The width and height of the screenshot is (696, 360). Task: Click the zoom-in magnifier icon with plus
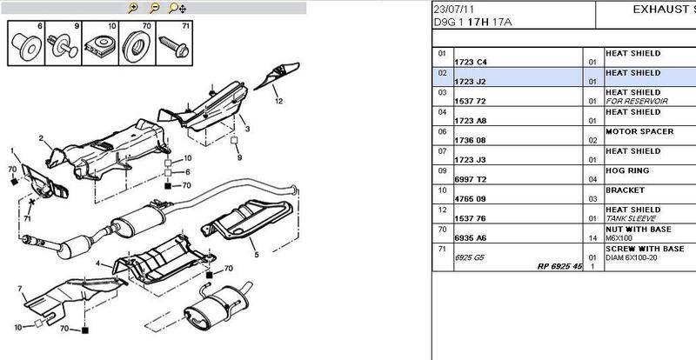tap(132, 8)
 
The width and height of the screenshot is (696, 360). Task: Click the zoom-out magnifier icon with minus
tap(154, 8)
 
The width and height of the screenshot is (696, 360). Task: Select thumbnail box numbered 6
tap(26, 43)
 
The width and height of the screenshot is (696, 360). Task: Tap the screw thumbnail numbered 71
tap(175, 43)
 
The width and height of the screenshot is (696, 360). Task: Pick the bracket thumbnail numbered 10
tap(100, 43)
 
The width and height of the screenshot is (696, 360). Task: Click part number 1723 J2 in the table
tap(470, 82)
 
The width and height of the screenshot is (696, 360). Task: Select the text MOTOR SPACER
tap(639, 131)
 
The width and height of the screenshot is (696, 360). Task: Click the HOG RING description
tap(627, 170)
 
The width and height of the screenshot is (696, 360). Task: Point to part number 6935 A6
tap(471, 238)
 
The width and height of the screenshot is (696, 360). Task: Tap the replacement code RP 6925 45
tap(559, 266)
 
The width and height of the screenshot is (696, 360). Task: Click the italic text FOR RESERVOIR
tap(637, 101)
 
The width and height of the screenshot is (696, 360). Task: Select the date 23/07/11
tap(453, 10)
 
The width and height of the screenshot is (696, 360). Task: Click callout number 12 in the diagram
tap(278, 101)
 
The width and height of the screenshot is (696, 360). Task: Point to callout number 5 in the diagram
tap(257, 255)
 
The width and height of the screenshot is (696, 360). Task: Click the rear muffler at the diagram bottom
tap(217, 306)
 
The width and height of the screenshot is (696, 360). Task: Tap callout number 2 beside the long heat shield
tap(41, 138)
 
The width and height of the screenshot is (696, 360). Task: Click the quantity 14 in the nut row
tap(592, 238)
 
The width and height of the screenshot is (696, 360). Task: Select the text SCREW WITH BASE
tap(645, 249)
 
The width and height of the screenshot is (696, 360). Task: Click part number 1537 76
tap(471, 218)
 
